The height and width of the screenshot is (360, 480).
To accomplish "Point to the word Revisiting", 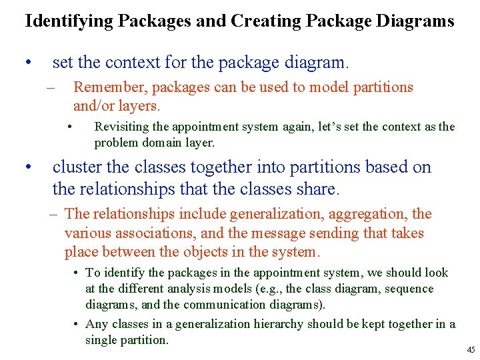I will click(x=123, y=127).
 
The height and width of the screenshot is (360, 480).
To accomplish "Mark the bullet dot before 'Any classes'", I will click(x=77, y=324).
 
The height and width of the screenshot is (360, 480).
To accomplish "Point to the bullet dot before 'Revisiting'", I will click(x=71, y=127).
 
